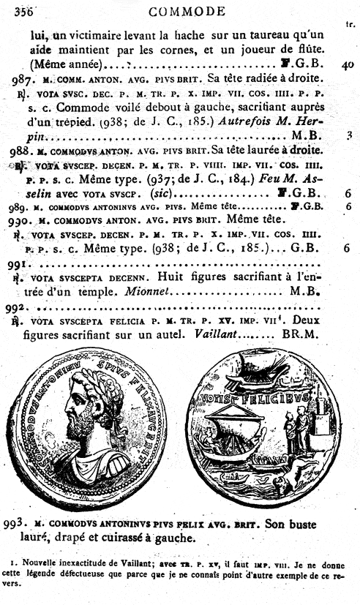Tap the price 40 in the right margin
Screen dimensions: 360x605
348,64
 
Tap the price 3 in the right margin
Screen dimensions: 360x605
349,135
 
